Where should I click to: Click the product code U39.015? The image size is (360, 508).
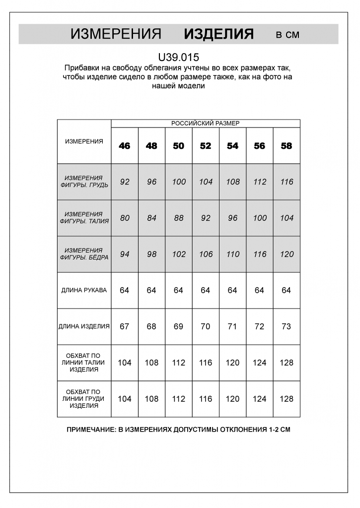[x=178, y=58]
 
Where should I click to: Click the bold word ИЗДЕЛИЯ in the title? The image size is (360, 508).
[x=218, y=34]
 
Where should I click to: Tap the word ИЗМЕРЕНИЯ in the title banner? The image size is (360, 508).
[x=116, y=34]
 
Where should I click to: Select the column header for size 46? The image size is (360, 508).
[x=125, y=146]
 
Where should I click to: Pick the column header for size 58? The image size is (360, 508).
[x=287, y=146]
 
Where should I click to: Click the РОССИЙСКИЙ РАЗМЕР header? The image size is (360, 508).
[x=205, y=124]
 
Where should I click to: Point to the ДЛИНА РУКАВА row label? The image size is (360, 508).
[x=84, y=290]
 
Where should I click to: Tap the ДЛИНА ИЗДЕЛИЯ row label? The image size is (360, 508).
[x=84, y=326]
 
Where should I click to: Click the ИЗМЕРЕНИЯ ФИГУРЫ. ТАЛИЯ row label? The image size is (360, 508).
[x=84, y=218]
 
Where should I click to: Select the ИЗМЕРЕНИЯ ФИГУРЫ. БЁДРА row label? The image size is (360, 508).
[x=84, y=254]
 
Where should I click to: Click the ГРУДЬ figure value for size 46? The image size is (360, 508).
[x=125, y=182]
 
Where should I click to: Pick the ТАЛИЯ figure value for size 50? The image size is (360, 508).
[x=179, y=218]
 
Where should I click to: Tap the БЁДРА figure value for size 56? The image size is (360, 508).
[x=260, y=254]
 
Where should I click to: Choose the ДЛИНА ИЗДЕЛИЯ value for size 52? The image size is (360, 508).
[x=206, y=326]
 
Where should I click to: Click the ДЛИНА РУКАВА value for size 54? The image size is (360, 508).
[x=232, y=290]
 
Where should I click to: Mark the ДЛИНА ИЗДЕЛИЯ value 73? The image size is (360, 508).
[x=287, y=326]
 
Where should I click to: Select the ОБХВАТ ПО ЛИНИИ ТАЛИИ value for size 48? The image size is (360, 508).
[x=151, y=363]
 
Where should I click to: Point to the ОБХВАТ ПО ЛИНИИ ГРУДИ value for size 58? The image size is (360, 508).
[x=287, y=399]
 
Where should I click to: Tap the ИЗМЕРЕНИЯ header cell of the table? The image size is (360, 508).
[x=84, y=141]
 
